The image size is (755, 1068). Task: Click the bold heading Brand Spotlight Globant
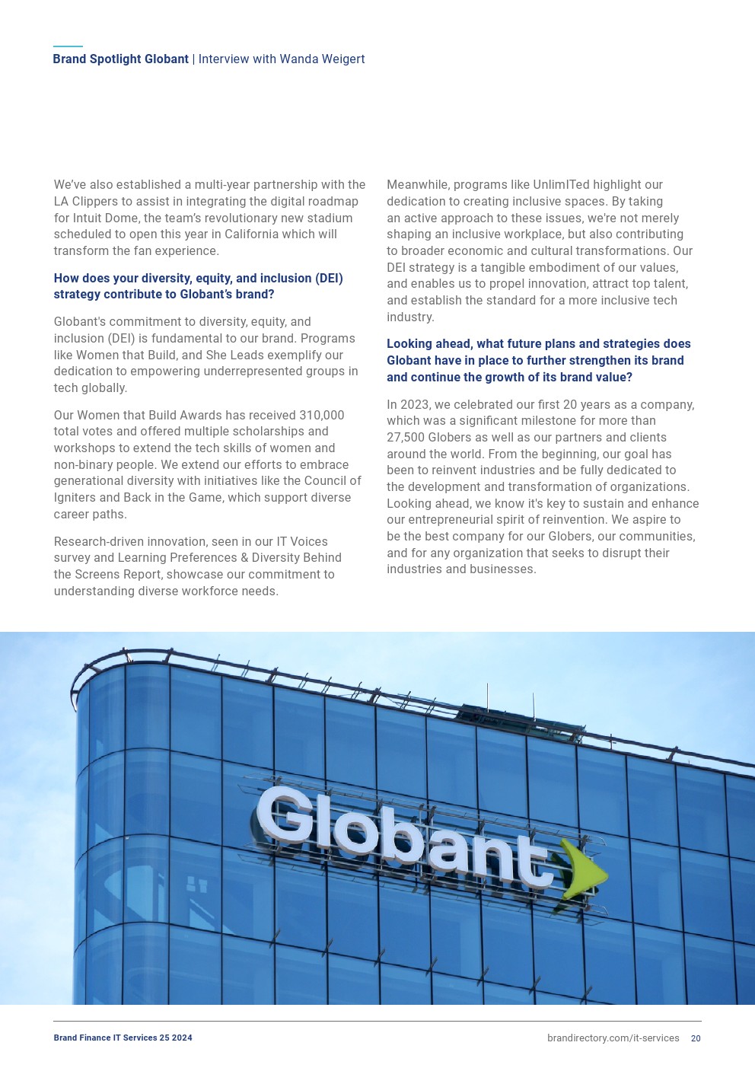click(x=120, y=59)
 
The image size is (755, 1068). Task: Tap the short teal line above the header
click(x=68, y=46)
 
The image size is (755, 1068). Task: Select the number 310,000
click(x=321, y=416)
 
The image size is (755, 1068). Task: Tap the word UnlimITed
click(x=560, y=185)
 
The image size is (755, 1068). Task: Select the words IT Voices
click(x=301, y=542)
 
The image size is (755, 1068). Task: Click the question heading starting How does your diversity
click(x=198, y=286)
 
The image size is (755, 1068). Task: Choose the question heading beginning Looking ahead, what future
click(x=538, y=361)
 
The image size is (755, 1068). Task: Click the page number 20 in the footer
click(x=696, y=1038)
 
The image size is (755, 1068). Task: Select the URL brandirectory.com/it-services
click(x=613, y=1038)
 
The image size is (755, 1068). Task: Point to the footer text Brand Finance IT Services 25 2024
click(x=123, y=1038)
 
